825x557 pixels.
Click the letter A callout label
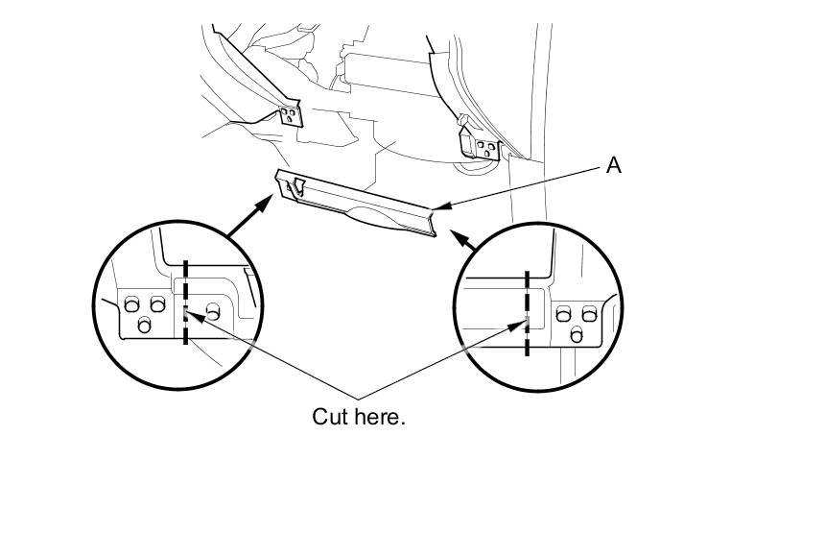[614, 165]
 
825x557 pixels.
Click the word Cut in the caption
[331, 418]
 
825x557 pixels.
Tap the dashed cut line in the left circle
[184, 288]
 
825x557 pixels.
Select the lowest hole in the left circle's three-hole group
[145, 325]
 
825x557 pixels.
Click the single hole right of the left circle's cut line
[212, 309]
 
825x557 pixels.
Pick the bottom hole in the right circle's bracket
[577, 334]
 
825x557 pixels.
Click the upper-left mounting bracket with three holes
[290, 116]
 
